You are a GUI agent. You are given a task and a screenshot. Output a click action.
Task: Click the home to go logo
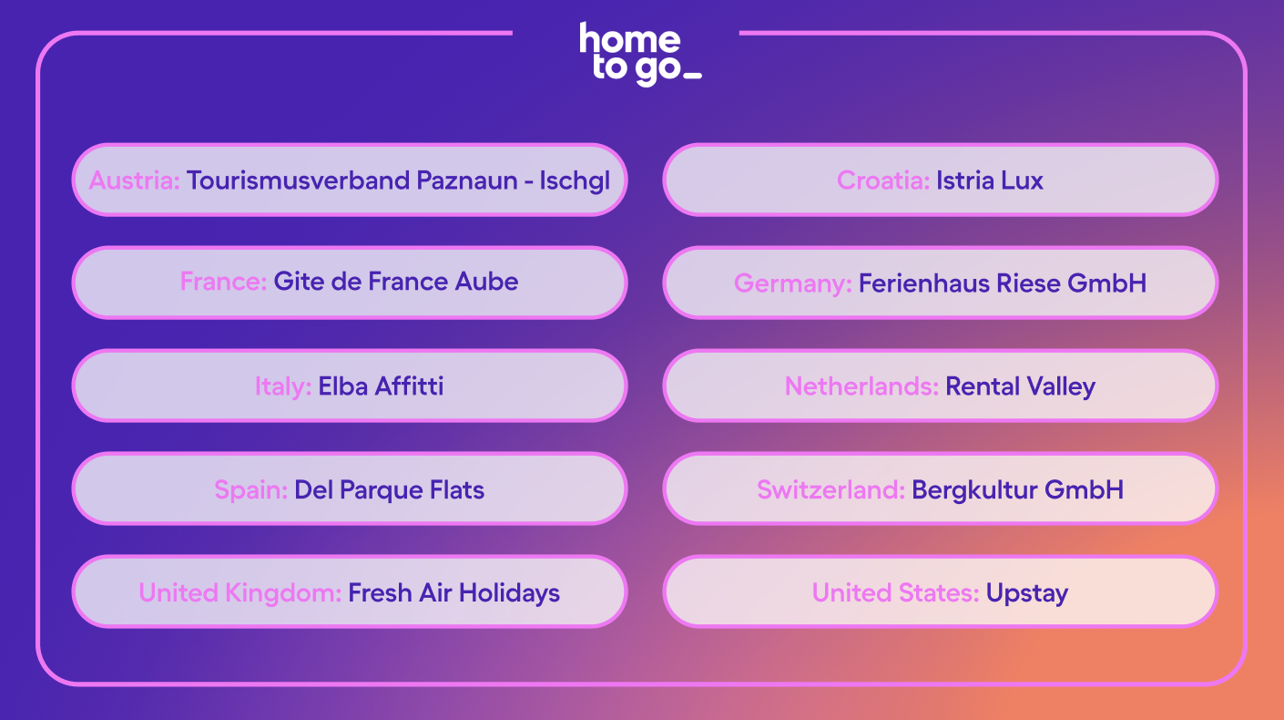click(x=640, y=54)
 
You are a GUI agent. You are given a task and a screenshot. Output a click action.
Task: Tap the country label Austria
click(x=135, y=180)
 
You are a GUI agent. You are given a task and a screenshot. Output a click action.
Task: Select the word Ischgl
click(x=575, y=181)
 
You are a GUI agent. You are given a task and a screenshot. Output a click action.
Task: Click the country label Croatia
click(x=883, y=180)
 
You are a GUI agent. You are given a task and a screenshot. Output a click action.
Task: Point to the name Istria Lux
click(x=989, y=180)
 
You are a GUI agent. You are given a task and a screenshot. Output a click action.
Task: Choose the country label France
click(x=223, y=282)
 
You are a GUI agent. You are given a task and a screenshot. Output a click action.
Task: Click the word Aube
click(x=486, y=282)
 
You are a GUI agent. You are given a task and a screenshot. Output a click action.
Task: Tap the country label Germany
click(x=793, y=284)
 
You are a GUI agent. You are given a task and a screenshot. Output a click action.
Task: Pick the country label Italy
click(x=283, y=386)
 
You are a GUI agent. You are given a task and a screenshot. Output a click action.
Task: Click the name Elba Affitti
click(x=381, y=386)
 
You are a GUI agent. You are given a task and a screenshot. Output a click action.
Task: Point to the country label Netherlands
click(x=861, y=386)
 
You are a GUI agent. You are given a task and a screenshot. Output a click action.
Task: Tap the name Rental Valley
click(x=1020, y=387)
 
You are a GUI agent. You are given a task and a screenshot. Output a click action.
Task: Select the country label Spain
click(x=251, y=490)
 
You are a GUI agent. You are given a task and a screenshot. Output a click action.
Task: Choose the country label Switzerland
click(x=831, y=489)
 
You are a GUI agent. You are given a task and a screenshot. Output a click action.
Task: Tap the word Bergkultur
click(x=974, y=490)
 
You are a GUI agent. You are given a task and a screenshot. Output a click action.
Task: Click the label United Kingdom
click(x=240, y=594)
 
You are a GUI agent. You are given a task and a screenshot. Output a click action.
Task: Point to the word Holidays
click(x=509, y=594)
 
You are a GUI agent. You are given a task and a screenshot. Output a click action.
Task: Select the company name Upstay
click(x=1027, y=594)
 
